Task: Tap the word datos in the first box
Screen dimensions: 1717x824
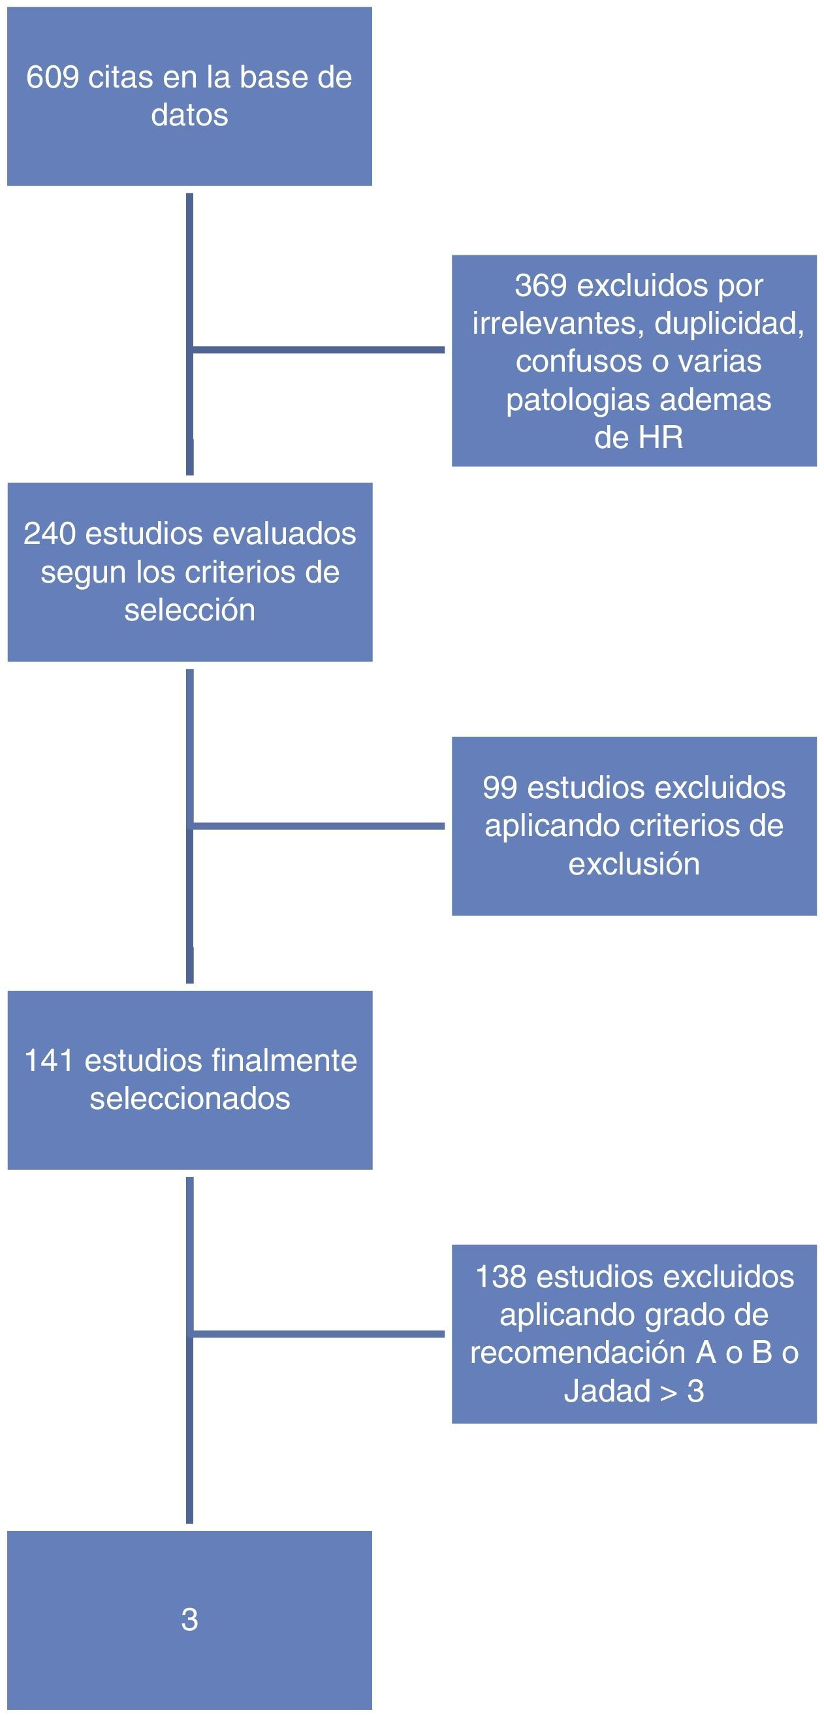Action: click(x=189, y=115)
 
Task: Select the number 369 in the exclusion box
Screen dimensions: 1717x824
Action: click(x=540, y=285)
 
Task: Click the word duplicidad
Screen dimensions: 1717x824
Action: click(x=729, y=324)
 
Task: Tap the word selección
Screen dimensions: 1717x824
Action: click(x=189, y=610)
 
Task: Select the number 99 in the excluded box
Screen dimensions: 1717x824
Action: click(x=499, y=788)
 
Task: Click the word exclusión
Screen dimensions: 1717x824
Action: click(x=633, y=864)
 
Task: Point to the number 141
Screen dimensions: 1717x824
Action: click(x=48, y=1061)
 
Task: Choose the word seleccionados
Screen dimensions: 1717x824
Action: click(x=190, y=1099)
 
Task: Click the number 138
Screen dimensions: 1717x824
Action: click(x=500, y=1276)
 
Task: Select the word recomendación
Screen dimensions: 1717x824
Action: click(x=578, y=1353)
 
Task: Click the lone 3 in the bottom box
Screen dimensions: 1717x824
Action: click(x=189, y=1619)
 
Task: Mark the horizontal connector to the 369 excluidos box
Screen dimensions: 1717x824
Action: click(x=319, y=350)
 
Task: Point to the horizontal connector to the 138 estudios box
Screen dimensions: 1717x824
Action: click(x=319, y=1334)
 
